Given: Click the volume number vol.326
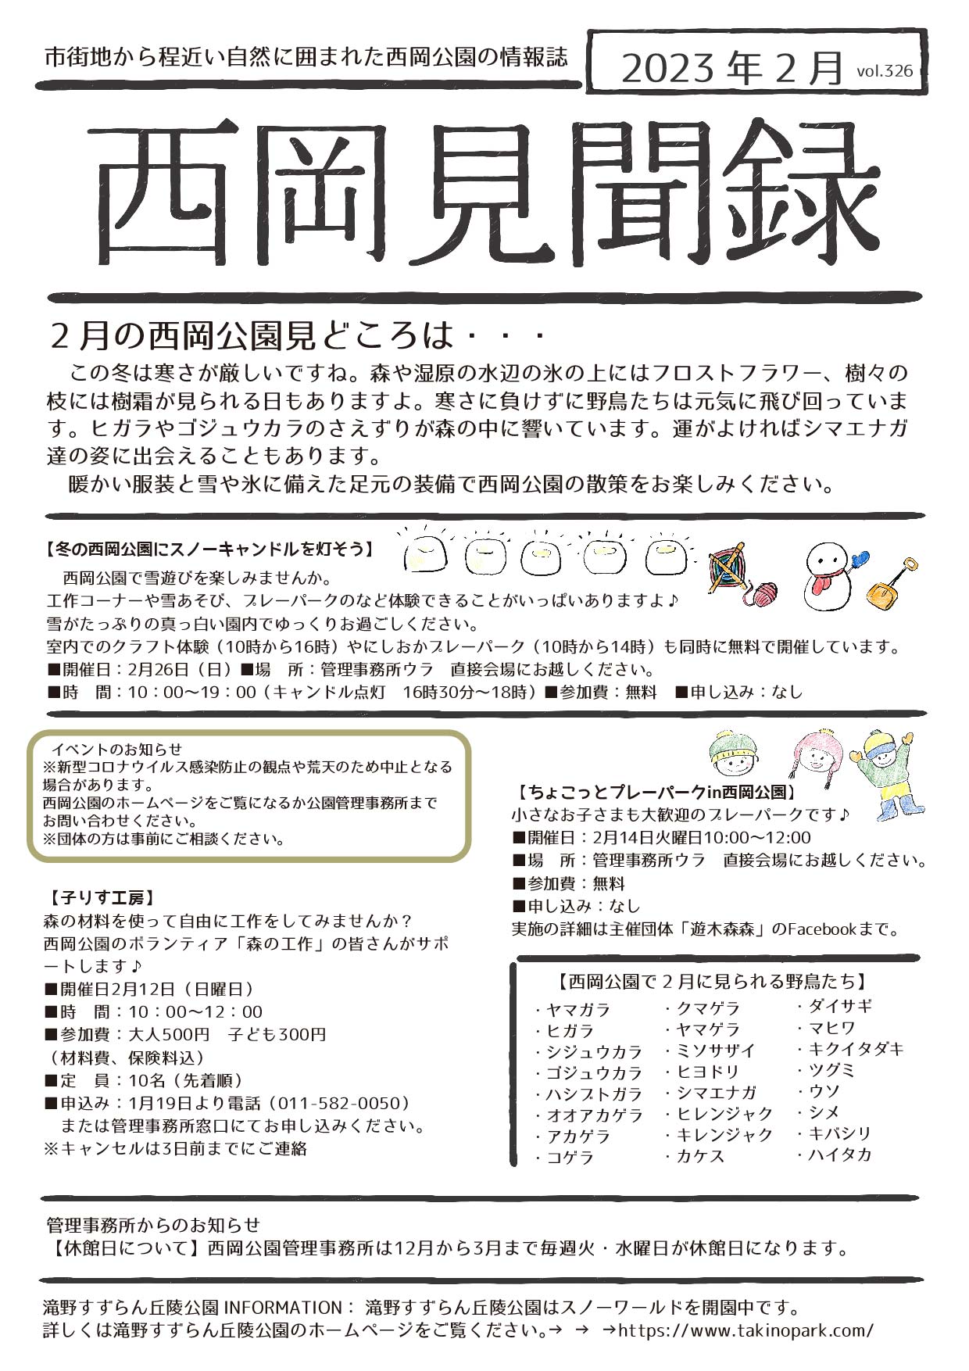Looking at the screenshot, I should [884, 71].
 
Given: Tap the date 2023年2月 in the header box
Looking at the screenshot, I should [732, 69].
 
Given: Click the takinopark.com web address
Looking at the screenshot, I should [746, 1330].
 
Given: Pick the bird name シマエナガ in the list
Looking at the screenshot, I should [717, 1093].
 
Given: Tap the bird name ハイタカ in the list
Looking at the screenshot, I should [839, 1154].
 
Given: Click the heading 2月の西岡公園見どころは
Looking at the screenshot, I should [250, 336].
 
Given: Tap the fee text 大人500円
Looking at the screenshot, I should [169, 1034].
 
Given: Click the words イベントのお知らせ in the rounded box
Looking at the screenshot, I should [116, 749].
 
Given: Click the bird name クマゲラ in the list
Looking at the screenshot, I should [708, 1008].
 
